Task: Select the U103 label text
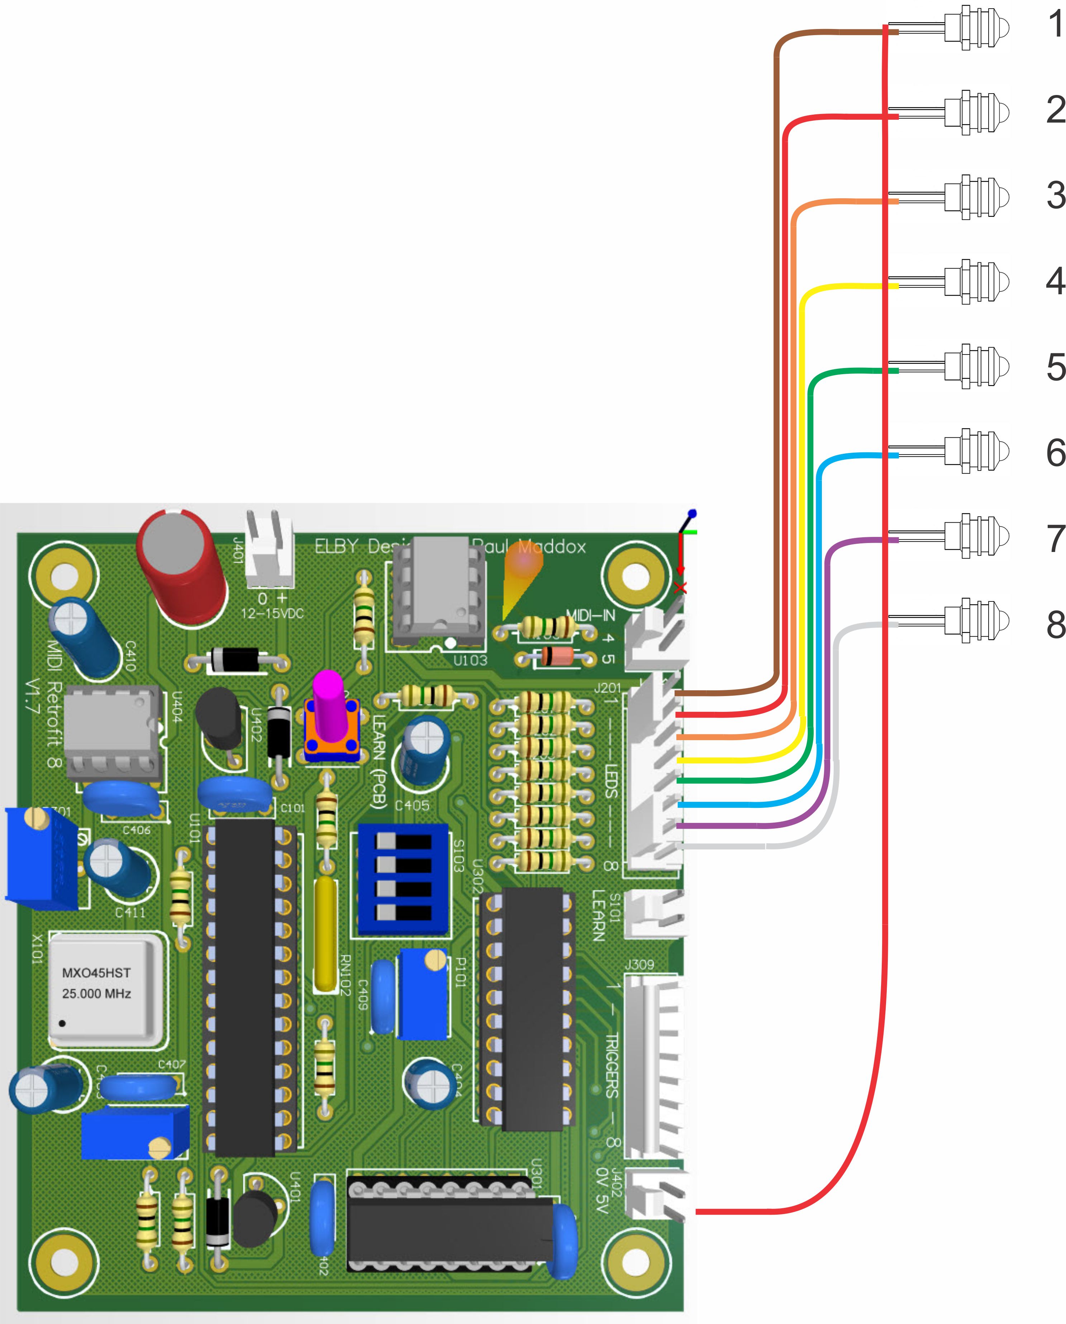470,661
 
